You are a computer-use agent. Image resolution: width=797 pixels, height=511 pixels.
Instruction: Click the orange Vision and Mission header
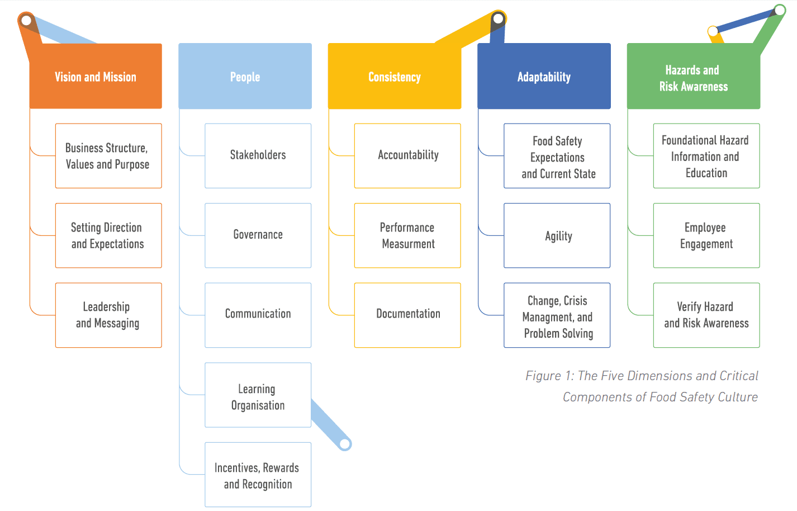(96, 77)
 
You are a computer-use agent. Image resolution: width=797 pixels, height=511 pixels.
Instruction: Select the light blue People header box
(245, 77)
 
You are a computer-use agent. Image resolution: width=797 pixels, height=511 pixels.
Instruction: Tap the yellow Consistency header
(395, 77)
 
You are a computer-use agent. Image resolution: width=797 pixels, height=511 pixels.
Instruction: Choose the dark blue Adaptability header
(544, 77)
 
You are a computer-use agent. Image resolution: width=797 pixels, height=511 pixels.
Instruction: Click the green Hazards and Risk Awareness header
(693, 78)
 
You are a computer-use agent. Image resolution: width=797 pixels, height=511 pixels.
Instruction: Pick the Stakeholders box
(258, 155)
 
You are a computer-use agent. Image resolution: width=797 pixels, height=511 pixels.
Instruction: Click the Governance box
(258, 235)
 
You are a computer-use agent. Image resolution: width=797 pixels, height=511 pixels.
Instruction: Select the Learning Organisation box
(258, 395)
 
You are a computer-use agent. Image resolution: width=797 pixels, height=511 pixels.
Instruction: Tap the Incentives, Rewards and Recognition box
(258, 475)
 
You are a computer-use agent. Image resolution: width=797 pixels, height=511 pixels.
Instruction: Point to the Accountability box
(407, 155)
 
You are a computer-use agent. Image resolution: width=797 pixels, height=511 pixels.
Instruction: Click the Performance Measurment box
(407, 235)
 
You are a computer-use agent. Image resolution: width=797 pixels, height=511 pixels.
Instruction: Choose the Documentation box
(407, 315)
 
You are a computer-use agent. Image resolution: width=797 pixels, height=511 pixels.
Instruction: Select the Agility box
(557, 235)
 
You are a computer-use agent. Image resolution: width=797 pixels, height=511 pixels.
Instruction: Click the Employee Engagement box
(706, 235)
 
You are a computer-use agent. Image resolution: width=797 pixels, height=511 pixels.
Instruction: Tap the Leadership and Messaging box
(108, 315)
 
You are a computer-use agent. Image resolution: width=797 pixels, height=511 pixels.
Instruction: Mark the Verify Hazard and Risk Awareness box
(706, 315)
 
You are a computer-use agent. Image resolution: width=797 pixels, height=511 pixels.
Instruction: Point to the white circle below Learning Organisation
(345, 444)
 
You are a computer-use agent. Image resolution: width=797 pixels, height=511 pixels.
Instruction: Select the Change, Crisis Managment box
(557, 315)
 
